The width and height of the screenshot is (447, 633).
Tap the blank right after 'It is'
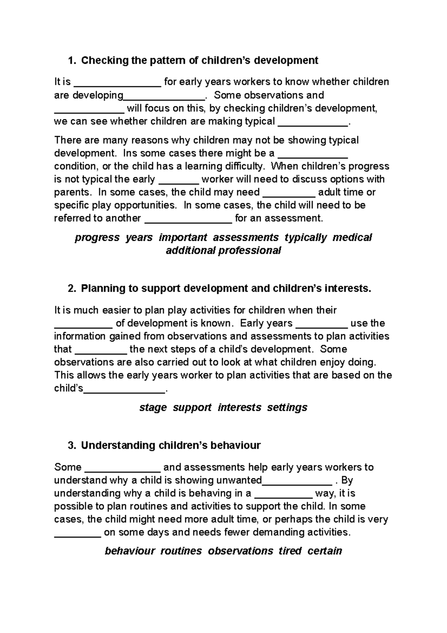point(117,83)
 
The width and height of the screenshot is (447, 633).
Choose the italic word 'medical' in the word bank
point(352,237)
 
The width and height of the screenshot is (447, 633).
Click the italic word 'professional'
point(250,251)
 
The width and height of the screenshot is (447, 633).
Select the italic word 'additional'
point(190,251)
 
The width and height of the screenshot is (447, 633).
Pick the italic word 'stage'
point(153,407)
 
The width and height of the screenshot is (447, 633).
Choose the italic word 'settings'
point(287,407)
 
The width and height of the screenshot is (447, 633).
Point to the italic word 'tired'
point(290,551)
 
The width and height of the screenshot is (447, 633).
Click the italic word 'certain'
point(325,551)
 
